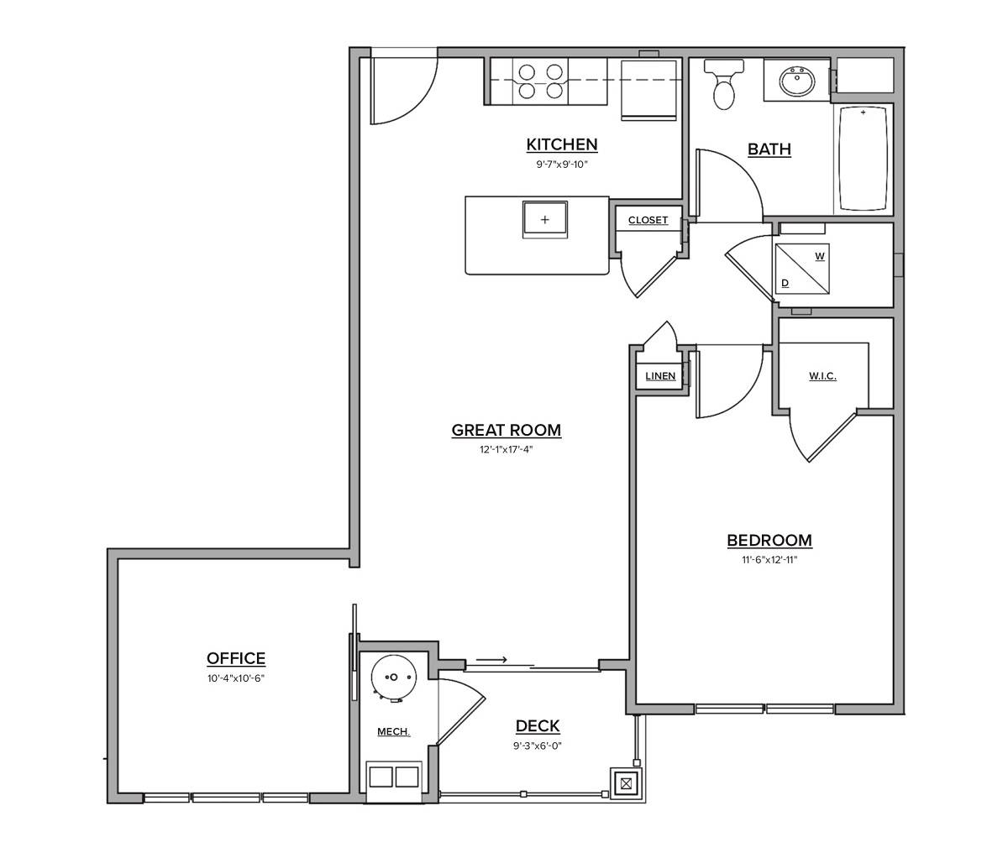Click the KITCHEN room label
tap(562, 144)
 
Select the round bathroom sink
tap(796, 82)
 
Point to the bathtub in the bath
tap(863, 159)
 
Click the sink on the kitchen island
tap(545, 220)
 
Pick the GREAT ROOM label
tap(506, 431)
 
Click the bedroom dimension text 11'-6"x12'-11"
tap(763, 559)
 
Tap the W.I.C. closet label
tap(822, 376)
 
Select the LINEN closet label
tap(660, 376)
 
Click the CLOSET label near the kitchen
tap(648, 221)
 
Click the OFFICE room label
tap(236, 659)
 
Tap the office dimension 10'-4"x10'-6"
tap(236, 678)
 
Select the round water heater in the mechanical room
tap(391, 677)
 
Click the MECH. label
tap(393, 732)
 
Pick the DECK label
tap(538, 726)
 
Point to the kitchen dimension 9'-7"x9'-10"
tap(562, 165)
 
